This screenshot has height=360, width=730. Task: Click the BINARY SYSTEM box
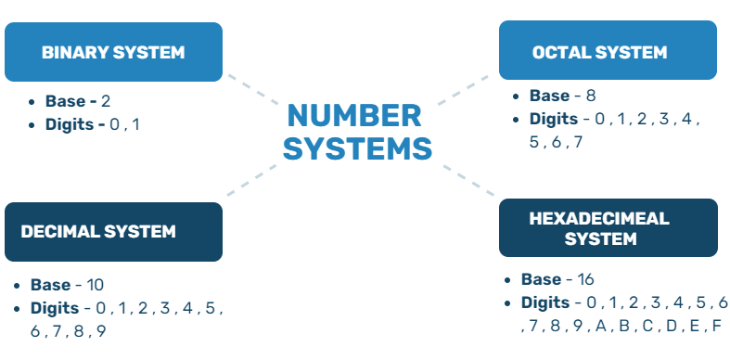click(113, 52)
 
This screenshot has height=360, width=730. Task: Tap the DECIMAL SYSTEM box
click(113, 231)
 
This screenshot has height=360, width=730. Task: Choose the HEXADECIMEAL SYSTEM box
click(608, 228)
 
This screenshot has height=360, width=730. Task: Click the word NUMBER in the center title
click(352, 116)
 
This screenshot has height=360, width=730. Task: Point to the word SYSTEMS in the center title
click(358, 148)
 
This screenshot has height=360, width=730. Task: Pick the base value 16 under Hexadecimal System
click(585, 279)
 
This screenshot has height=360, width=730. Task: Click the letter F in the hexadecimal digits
click(716, 327)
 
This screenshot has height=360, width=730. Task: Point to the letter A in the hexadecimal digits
click(601, 327)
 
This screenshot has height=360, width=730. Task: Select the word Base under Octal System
click(548, 96)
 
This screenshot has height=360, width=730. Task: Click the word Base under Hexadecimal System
click(541, 279)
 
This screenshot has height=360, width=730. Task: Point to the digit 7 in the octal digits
click(578, 142)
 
